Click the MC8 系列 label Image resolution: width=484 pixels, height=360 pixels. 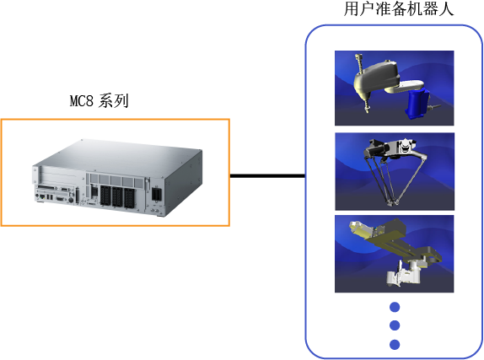click(x=99, y=100)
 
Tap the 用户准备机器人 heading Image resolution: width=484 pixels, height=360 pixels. click(x=399, y=8)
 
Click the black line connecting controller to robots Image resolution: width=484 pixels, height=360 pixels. click(x=267, y=176)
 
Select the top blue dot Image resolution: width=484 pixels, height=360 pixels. click(x=395, y=307)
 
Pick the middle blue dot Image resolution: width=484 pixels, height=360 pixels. click(x=395, y=325)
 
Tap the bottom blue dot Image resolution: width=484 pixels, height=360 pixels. click(x=395, y=344)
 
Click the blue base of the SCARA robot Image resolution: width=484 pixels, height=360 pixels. click(x=417, y=104)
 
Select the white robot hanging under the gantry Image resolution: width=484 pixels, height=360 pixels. click(x=404, y=272)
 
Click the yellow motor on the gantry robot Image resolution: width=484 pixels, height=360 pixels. click(x=360, y=228)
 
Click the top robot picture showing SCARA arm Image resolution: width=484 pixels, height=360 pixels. click(x=395, y=88)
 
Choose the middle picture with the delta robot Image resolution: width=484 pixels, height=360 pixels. click(x=395, y=171)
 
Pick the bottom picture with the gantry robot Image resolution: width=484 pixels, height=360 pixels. click(x=395, y=254)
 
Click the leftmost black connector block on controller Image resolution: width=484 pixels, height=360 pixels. click(x=105, y=196)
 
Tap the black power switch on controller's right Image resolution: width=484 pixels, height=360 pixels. click(x=157, y=194)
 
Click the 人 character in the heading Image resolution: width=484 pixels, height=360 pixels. click(x=446, y=8)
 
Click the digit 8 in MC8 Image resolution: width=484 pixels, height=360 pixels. click(x=89, y=101)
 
